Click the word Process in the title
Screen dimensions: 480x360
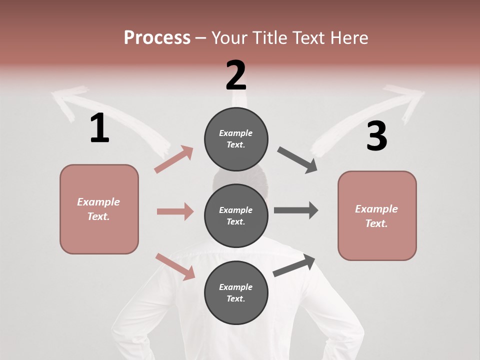[x=157, y=38]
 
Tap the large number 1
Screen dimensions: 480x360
[x=99, y=128]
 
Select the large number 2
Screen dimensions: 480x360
[x=236, y=75]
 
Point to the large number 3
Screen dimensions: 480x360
[x=376, y=136]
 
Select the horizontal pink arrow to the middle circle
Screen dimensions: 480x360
[x=175, y=211]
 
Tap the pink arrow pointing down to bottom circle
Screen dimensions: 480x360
[x=175, y=266]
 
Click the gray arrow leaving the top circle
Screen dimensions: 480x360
[x=297, y=160]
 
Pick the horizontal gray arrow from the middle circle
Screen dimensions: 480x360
[x=296, y=210]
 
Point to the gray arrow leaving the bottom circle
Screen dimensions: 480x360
[x=294, y=265]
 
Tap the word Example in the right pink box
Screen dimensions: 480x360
[x=376, y=209]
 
